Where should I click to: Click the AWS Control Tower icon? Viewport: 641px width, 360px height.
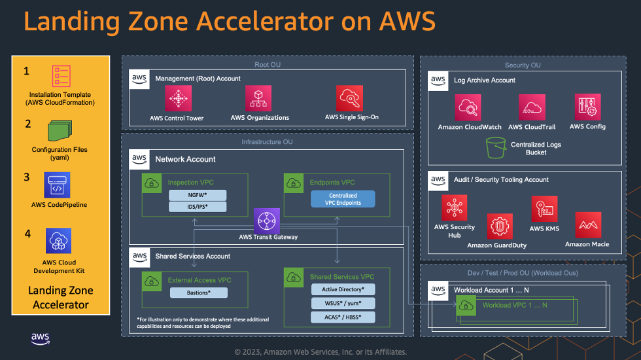click(176, 99)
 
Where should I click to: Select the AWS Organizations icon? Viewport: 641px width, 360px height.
click(259, 99)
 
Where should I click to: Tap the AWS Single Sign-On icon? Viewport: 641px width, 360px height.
click(349, 99)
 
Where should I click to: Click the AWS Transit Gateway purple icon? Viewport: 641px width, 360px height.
click(267, 221)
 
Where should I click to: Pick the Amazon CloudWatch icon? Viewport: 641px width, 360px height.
click(469, 107)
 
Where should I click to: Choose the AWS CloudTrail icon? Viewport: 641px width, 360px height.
click(532, 107)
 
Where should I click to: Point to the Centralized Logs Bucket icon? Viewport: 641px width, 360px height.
click(496, 148)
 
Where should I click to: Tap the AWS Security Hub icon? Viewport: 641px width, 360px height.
click(455, 208)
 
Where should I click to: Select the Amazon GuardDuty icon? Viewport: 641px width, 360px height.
click(500, 226)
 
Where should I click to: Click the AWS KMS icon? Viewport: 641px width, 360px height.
click(544, 209)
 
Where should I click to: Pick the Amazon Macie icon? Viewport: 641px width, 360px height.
click(588, 225)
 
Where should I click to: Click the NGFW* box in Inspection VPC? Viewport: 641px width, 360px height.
click(197, 195)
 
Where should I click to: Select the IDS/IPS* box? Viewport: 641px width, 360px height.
click(197, 207)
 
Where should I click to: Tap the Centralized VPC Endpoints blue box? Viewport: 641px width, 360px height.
click(343, 199)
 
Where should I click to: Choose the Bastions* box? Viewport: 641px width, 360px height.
click(198, 293)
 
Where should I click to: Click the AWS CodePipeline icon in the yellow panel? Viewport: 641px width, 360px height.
click(58, 185)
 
